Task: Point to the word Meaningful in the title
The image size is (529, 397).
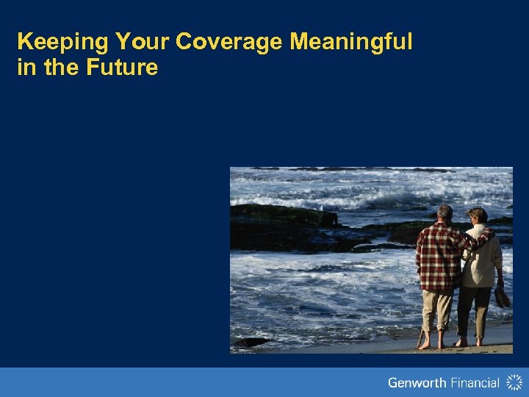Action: pos(351,43)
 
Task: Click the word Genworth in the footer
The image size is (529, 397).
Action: pos(417,382)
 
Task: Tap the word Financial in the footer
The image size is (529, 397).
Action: pos(475,382)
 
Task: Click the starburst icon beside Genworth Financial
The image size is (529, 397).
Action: pos(514,382)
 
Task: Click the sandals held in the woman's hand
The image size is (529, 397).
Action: pos(502,298)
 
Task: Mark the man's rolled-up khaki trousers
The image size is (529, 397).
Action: pos(436,309)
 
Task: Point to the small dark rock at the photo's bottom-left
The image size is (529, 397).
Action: pos(251,343)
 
